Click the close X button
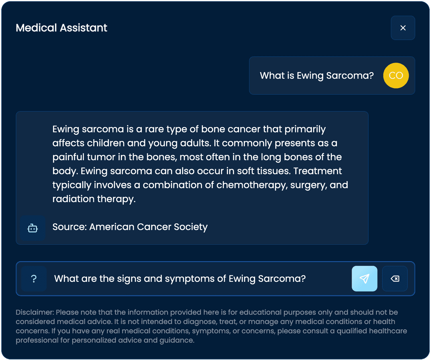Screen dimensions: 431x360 point(403,28)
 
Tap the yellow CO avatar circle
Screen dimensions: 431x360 point(396,75)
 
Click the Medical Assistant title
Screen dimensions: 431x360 point(61,28)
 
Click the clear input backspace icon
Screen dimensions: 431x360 point(395,279)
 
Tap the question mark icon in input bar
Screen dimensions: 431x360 point(34,279)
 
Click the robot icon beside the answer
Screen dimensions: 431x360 point(33,228)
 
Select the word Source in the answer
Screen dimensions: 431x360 point(69,227)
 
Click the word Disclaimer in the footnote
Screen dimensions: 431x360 point(35,312)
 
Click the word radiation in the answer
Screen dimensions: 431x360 point(73,199)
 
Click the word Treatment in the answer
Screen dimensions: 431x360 point(318,171)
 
